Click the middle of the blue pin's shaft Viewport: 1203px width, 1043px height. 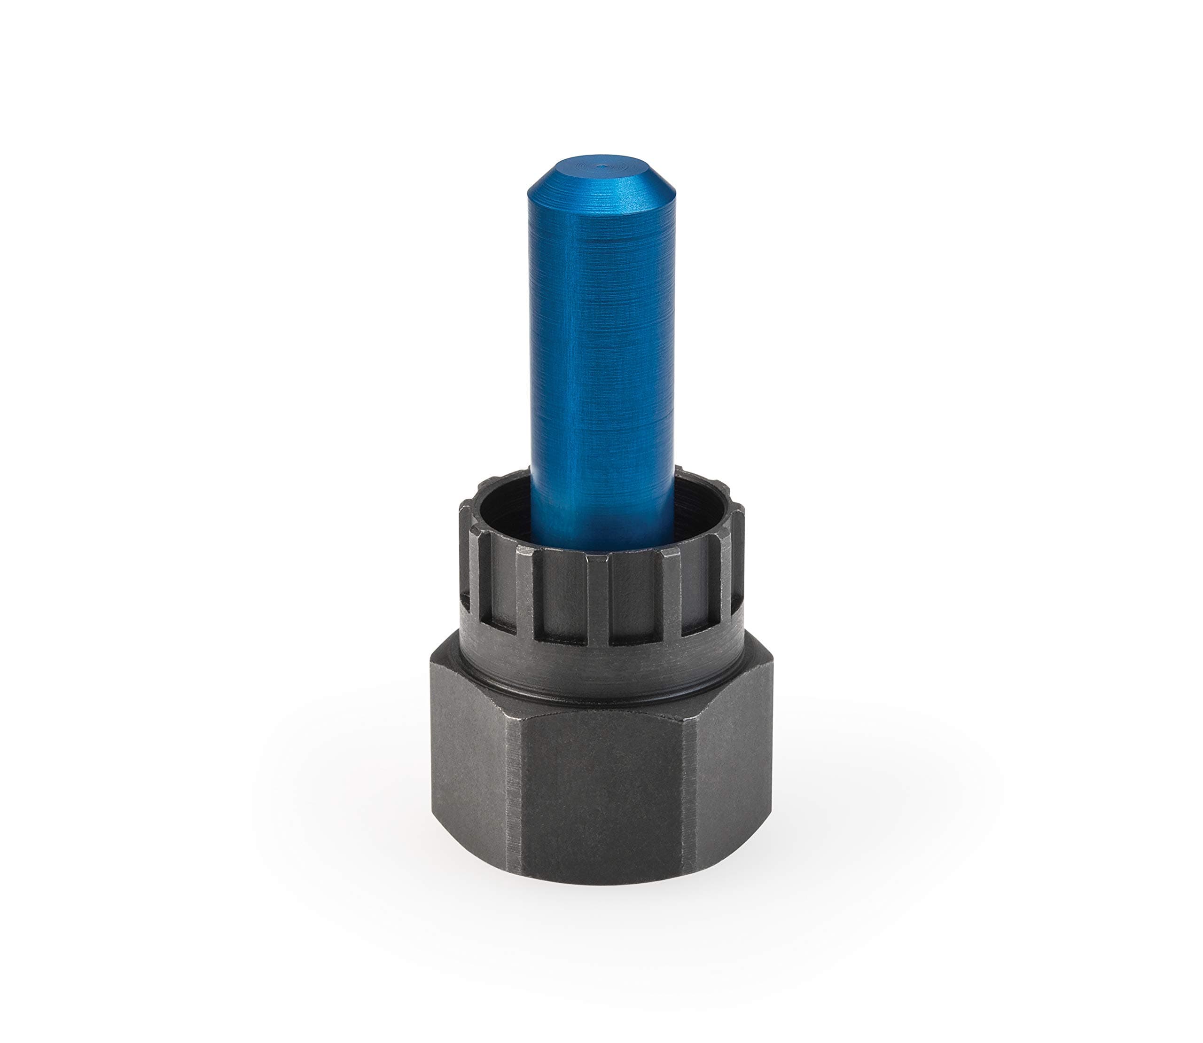pyautogui.click(x=602, y=349)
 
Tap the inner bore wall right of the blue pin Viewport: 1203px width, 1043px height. pyautogui.click(x=698, y=501)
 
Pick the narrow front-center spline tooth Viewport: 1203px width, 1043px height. pyautogui.click(x=598, y=599)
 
